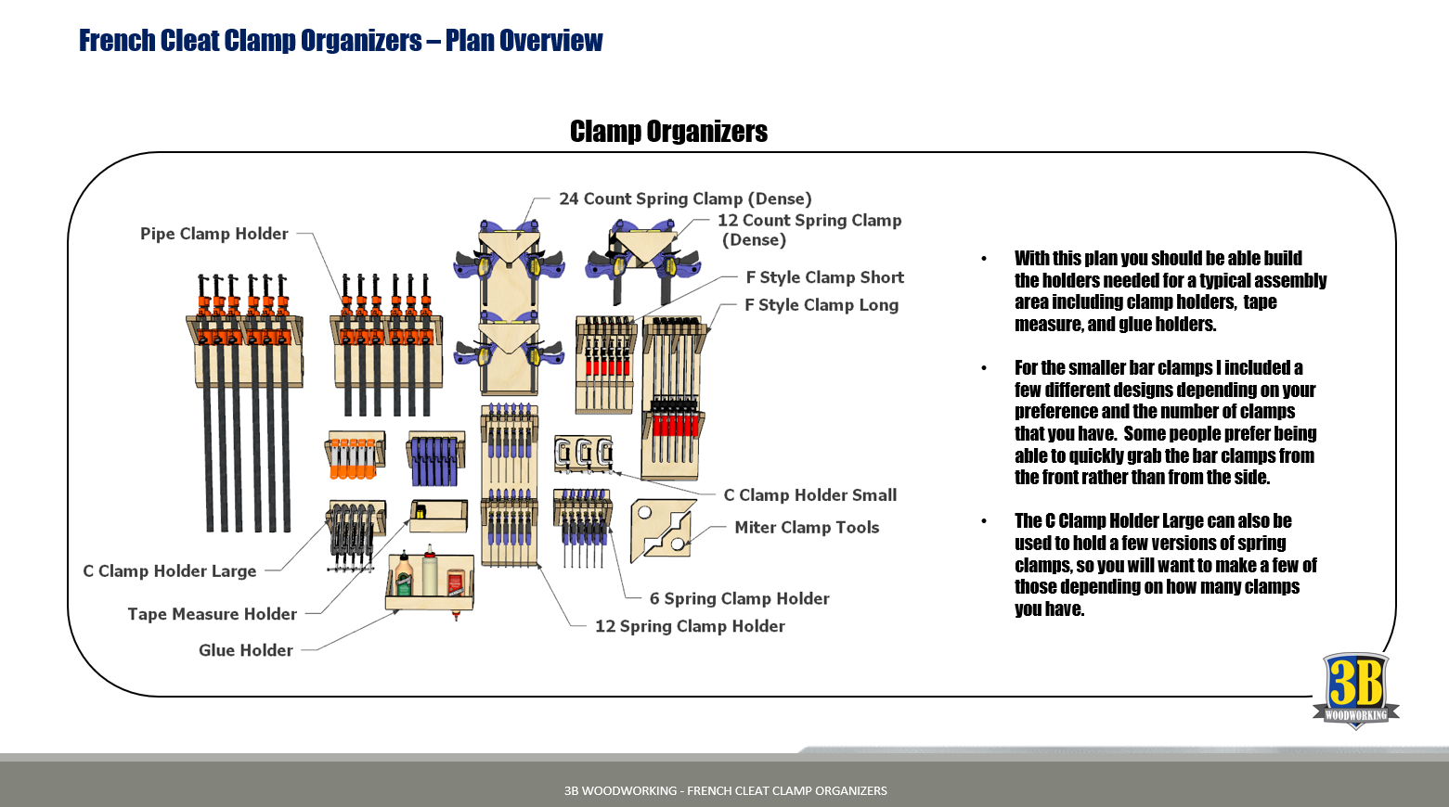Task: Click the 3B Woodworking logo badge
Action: (x=1355, y=690)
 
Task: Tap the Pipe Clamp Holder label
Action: (x=213, y=234)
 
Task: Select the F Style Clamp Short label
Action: (x=824, y=277)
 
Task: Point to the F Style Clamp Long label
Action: (x=821, y=305)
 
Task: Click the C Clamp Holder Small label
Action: (x=809, y=495)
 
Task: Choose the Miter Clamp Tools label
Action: (x=806, y=528)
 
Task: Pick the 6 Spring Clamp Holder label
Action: (x=739, y=599)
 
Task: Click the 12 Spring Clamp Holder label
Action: (x=690, y=626)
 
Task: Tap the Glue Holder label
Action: (x=245, y=650)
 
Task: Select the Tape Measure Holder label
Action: (x=212, y=614)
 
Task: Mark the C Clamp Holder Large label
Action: (x=169, y=571)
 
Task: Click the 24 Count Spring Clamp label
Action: (x=685, y=199)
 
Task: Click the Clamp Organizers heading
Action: (x=668, y=132)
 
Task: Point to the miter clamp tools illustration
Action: (x=662, y=530)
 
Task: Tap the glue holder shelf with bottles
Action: (x=430, y=583)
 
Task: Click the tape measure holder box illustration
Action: (x=438, y=516)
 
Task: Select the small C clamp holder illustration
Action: (x=583, y=454)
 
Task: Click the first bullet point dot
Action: (x=984, y=259)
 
